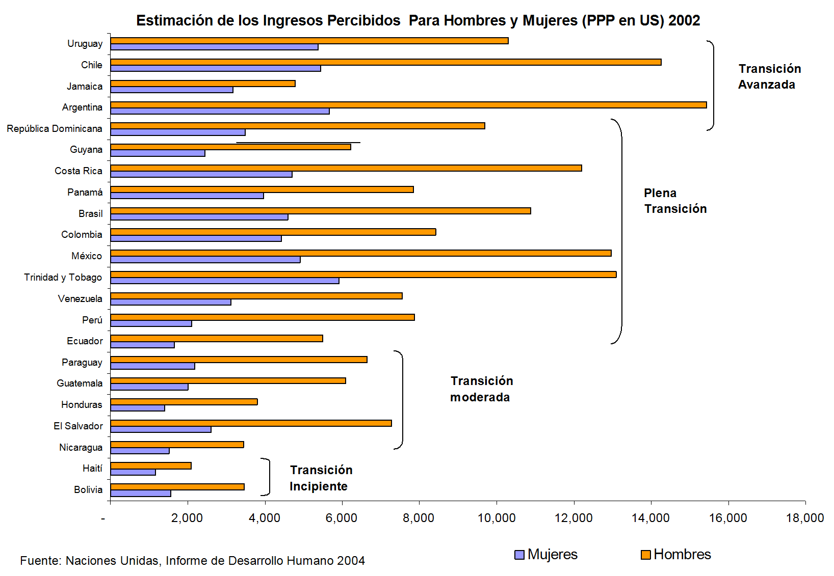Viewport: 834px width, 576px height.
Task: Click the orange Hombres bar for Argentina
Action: click(x=408, y=105)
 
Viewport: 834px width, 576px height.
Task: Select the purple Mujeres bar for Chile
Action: click(x=215, y=68)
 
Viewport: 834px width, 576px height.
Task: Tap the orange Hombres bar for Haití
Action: click(x=150, y=465)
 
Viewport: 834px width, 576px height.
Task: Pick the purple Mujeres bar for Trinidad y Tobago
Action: click(x=224, y=281)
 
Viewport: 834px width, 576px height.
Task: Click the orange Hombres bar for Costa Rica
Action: click(x=346, y=168)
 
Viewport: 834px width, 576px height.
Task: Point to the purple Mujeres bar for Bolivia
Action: click(x=140, y=493)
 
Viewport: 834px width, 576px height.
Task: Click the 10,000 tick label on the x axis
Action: click(x=496, y=518)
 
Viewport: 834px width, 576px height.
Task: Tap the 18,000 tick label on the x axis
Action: click(x=804, y=518)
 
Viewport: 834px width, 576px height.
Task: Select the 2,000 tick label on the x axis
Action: click(x=187, y=518)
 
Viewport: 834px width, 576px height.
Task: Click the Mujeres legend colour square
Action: click(x=519, y=555)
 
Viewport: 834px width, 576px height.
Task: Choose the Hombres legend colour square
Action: click(x=646, y=555)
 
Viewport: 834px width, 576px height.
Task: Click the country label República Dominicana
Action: click(x=55, y=128)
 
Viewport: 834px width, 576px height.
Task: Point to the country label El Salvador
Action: click(x=78, y=426)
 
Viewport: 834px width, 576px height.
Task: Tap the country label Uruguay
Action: click(x=85, y=44)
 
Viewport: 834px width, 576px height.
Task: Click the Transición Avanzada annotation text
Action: click(x=769, y=76)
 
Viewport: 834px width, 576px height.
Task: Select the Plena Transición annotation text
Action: click(x=675, y=201)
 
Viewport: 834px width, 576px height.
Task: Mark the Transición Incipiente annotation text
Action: click(x=321, y=478)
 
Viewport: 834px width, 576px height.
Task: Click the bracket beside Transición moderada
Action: click(x=401, y=400)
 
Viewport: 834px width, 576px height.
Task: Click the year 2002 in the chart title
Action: click(x=684, y=20)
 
